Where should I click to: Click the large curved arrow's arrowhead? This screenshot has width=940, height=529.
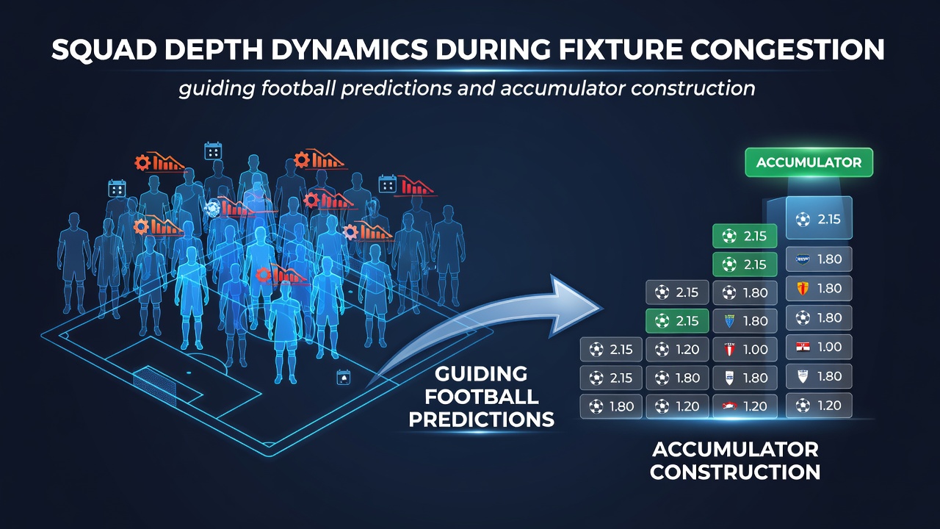[x=575, y=306]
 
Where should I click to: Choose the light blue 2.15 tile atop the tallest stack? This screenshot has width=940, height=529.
[x=819, y=218]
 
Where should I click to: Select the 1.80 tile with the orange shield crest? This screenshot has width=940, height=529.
[x=819, y=289]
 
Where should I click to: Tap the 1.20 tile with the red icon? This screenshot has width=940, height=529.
[x=745, y=406]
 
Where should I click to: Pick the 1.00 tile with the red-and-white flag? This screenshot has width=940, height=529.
[x=819, y=347]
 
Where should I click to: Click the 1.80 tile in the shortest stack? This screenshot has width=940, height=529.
[x=611, y=406]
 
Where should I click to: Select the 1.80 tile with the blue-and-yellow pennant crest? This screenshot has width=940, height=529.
[x=745, y=321]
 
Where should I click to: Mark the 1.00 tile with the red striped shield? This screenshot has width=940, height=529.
[x=745, y=349]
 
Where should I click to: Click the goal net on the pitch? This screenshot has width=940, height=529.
[x=155, y=386]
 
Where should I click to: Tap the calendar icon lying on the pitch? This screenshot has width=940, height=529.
[x=344, y=378]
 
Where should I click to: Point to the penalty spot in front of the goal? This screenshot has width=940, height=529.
[x=189, y=373]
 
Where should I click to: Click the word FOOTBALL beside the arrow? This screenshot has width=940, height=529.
[x=481, y=397]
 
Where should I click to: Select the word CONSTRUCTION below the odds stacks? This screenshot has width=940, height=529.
[x=735, y=472]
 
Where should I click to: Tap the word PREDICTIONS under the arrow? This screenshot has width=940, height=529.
[x=481, y=420]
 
